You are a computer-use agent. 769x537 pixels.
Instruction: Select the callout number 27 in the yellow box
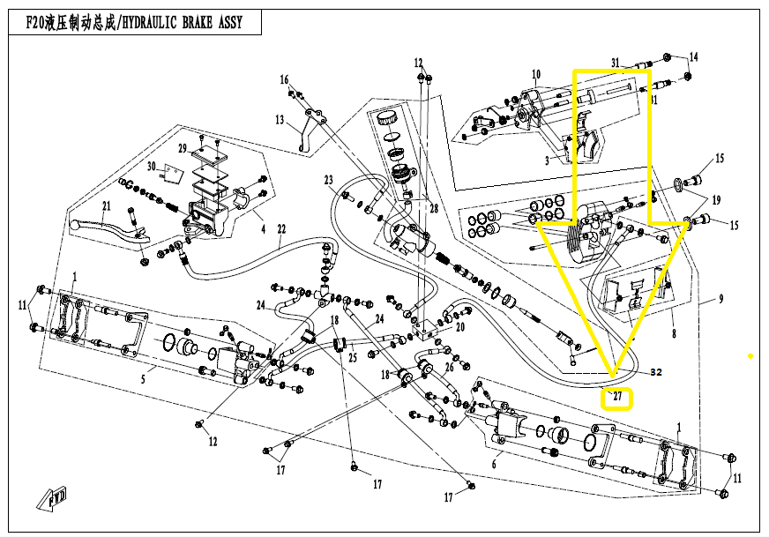point(618,398)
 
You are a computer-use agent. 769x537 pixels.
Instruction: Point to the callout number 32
point(655,372)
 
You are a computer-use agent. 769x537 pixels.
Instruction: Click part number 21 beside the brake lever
point(106,206)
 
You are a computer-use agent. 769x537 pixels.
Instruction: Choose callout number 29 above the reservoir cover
point(183,147)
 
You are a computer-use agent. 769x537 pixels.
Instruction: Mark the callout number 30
point(151,167)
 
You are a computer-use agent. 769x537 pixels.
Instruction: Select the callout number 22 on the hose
point(281,230)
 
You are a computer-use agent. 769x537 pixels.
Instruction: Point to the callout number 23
point(328,180)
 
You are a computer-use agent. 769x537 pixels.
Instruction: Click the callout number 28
point(433,207)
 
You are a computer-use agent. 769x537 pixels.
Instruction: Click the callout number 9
point(720,299)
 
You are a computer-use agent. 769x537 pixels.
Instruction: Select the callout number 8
point(674,334)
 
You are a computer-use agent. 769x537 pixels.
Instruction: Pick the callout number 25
point(353,358)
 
